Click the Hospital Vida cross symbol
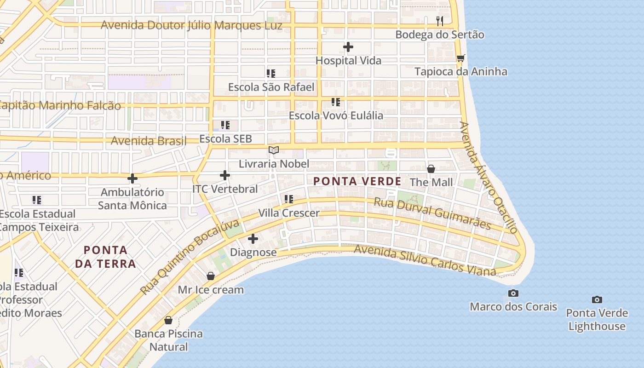(x=348, y=47)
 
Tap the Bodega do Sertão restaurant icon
(x=440, y=21)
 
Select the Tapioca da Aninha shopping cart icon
(x=460, y=58)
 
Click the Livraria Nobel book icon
(x=274, y=150)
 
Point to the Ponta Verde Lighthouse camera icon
(x=597, y=300)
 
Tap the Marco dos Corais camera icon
(x=513, y=293)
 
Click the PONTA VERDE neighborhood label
(x=357, y=182)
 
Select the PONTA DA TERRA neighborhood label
(x=110, y=257)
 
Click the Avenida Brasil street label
(x=149, y=140)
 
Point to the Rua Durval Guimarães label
(x=432, y=213)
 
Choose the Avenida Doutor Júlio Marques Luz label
(x=191, y=25)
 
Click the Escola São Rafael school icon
(x=271, y=73)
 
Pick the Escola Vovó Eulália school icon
(x=336, y=102)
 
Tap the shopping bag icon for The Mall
(x=431, y=169)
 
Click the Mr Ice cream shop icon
(x=211, y=276)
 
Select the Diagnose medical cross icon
(x=253, y=239)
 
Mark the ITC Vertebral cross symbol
(x=225, y=175)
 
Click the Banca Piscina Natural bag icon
(x=168, y=320)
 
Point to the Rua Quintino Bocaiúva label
(x=190, y=258)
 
